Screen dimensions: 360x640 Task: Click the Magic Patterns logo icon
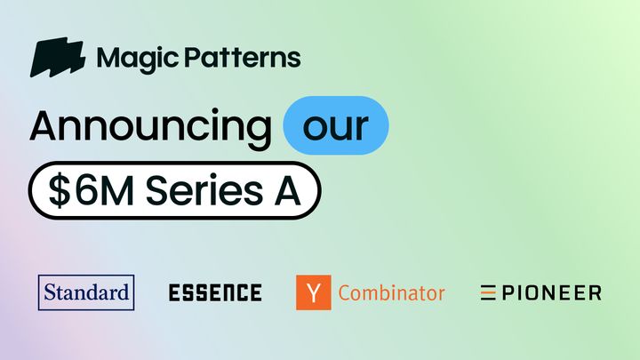pos(58,59)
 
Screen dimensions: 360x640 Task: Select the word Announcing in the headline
pos(149,127)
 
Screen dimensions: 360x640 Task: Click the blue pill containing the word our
pos(335,126)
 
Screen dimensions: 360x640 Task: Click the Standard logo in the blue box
pos(86,292)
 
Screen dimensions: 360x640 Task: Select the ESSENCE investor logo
pos(215,292)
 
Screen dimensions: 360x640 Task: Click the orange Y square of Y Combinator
pos(313,292)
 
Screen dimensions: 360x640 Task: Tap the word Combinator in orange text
pos(391,292)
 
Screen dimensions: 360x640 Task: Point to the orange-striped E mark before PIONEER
pos(488,292)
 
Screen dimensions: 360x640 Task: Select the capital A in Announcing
pos(44,127)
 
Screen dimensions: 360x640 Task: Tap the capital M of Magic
pos(108,59)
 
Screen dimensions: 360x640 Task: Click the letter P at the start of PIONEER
pos(508,292)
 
